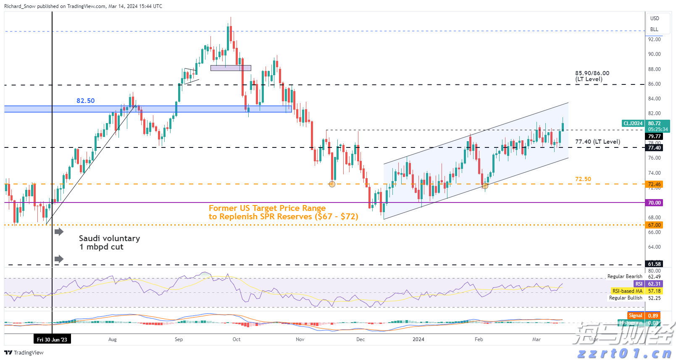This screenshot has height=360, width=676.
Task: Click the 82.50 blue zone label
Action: tap(85, 101)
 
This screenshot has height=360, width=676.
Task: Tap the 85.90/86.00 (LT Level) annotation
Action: tap(592, 76)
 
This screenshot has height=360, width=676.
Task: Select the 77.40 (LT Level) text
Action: tap(597, 142)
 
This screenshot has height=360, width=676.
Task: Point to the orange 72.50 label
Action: tap(583, 179)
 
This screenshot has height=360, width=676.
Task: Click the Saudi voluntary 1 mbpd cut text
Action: tap(109, 242)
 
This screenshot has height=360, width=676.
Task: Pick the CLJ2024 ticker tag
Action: tap(633, 124)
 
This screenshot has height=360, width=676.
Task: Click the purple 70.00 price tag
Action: tap(654, 203)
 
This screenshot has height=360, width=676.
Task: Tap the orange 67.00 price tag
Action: tap(654, 225)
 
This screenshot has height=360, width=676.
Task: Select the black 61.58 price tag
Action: tap(654, 264)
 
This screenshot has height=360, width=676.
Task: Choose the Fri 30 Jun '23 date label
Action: tap(52, 339)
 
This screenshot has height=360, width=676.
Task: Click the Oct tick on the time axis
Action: tap(237, 339)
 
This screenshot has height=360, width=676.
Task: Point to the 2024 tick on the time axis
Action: tap(418, 339)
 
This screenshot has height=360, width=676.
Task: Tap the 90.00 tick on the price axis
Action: tap(654, 54)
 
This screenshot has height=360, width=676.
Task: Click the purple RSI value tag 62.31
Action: tap(654, 284)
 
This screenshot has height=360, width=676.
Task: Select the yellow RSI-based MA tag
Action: tap(627, 291)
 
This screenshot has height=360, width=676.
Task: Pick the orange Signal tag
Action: tap(635, 316)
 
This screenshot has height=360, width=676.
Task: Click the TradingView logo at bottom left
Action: tap(24, 352)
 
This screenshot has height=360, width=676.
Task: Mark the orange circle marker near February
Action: tap(485, 186)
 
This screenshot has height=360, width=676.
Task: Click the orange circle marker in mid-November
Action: tap(332, 184)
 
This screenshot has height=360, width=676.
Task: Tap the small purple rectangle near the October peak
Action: tap(231, 68)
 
